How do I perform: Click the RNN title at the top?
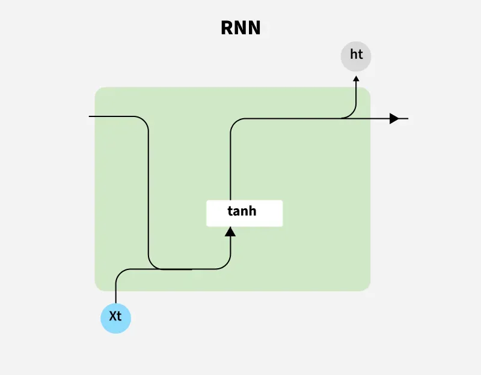(x=240, y=28)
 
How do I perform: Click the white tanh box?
(x=244, y=213)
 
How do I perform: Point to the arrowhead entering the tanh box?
(x=230, y=232)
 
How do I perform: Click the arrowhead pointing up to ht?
(x=356, y=78)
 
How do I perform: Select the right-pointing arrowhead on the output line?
(x=394, y=118)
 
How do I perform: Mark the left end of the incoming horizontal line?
(x=90, y=116)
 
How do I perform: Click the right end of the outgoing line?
(x=408, y=118)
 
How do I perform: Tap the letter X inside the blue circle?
(x=112, y=316)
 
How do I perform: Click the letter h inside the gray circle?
(x=353, y=55)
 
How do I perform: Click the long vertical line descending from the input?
(x=149, y=192)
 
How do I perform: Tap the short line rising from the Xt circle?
(x=115, y=294)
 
